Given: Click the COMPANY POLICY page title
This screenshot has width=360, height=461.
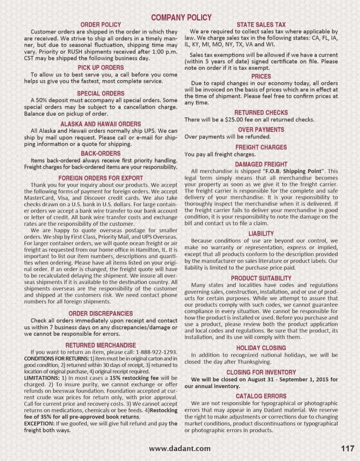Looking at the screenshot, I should (181, 17).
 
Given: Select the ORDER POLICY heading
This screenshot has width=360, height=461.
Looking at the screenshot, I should (101, 25).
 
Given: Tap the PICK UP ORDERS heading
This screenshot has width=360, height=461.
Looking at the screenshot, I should (101, 68).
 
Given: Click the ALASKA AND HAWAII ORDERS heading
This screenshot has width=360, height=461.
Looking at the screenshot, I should (101, 124).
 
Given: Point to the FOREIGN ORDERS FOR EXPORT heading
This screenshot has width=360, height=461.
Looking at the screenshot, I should (101, 178).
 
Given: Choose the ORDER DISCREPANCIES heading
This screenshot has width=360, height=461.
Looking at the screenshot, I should (101, 314).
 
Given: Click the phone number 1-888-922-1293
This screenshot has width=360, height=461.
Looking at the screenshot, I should (156, 352).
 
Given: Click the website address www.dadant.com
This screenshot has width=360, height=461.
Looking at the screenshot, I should (180, 449).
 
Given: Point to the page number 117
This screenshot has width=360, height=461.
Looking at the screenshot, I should (347, 449).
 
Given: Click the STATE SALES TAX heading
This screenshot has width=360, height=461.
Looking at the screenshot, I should (261, 25).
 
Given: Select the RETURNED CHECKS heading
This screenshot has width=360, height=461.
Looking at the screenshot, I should (261, 113).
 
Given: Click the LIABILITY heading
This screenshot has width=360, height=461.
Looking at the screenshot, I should (261, 234).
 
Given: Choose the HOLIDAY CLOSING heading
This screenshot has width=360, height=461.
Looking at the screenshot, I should (261, 348).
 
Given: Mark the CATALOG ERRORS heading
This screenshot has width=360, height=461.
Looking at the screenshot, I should (261, 396).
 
